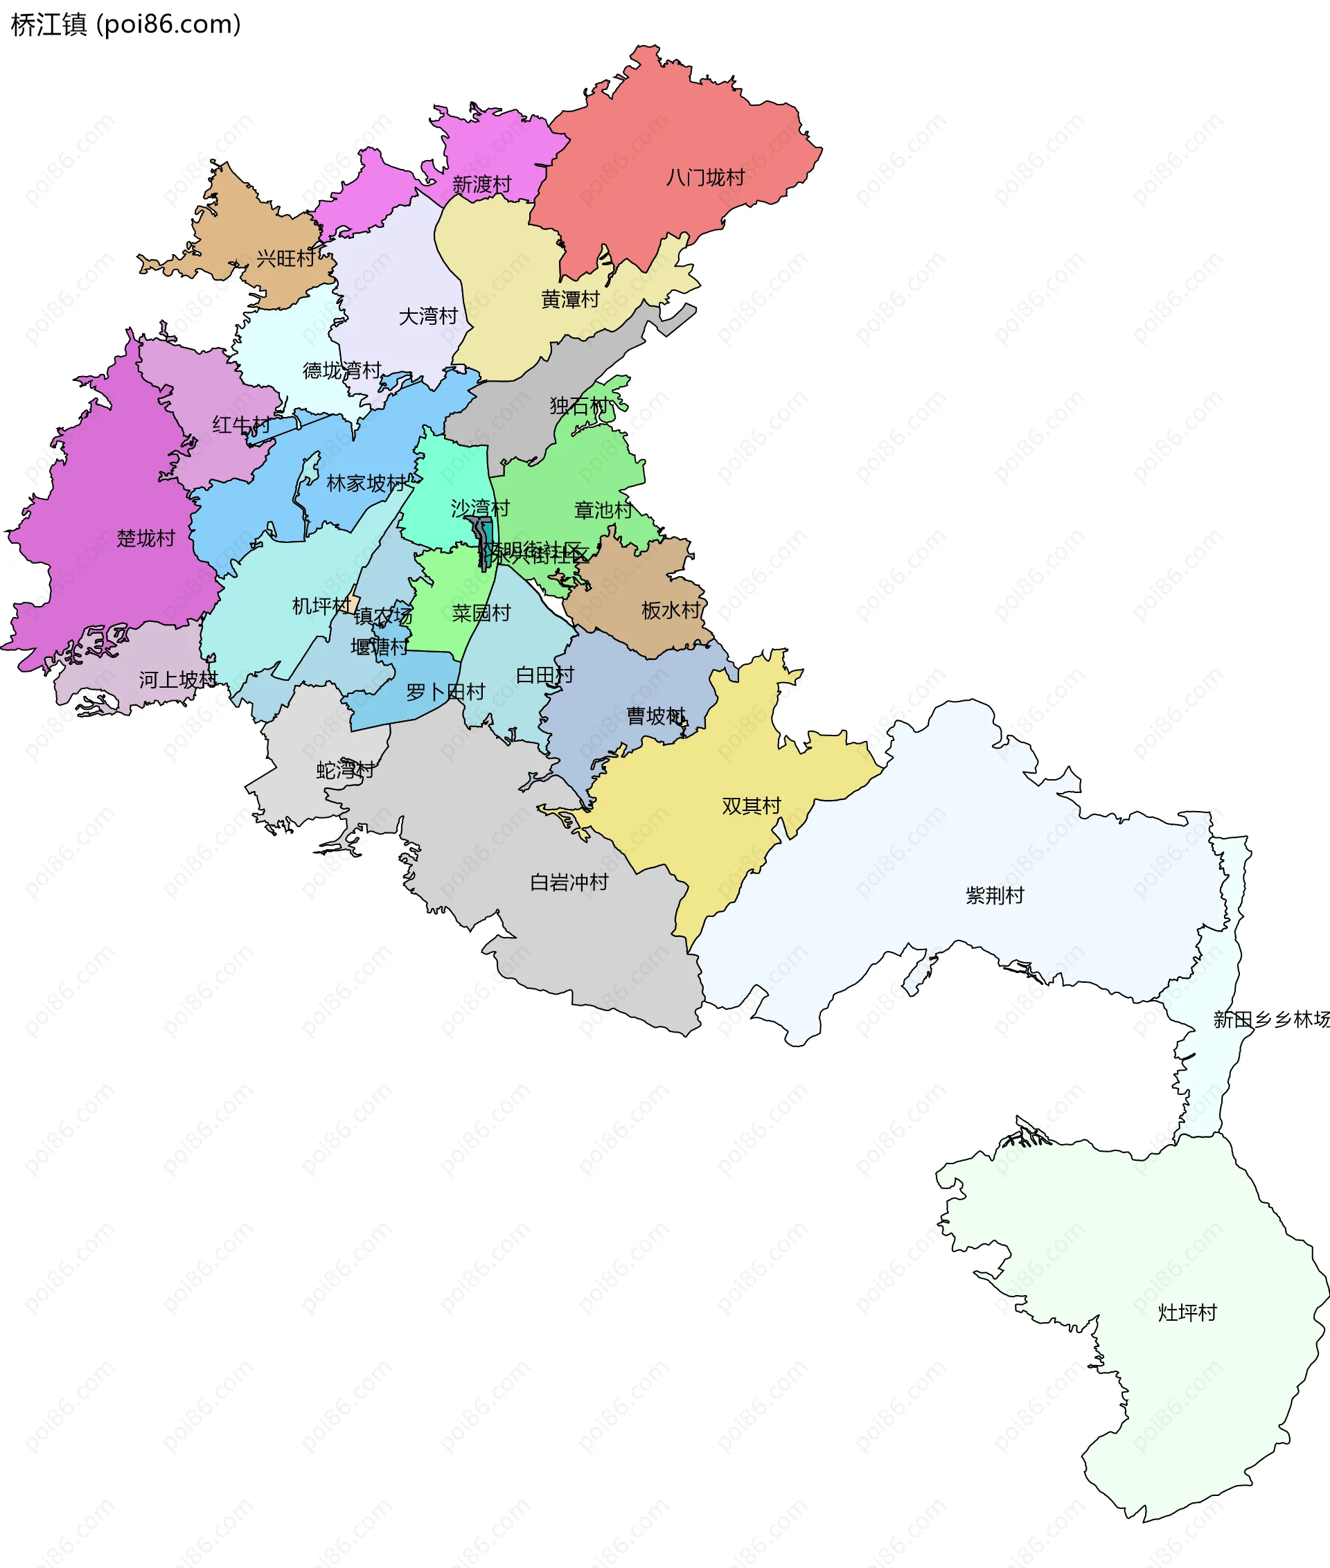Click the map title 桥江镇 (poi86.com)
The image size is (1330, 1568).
(126, 25)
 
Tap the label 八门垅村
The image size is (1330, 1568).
(705, 178)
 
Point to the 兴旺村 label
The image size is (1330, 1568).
(286, 259)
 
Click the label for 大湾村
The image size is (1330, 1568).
(428, 317)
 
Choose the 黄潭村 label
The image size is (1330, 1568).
(570, 300)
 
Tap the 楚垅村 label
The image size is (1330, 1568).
(145, 539)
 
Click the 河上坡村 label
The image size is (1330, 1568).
(178, 680)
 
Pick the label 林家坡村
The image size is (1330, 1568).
(366, 484)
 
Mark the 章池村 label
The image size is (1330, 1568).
(603, 511)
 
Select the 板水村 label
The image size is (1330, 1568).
(671, 611)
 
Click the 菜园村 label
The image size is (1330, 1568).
(481, 614)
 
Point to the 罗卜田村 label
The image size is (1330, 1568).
(445, 692)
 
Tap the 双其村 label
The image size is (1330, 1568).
(751, 807)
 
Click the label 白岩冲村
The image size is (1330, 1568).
(569, 883)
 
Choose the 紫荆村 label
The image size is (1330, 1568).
(995, 896)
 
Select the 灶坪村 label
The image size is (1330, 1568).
(1187, 1313)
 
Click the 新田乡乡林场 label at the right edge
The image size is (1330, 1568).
(1271, 1020)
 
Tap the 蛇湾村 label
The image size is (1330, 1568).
(346, 770)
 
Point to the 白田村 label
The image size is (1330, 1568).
(545, 675)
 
